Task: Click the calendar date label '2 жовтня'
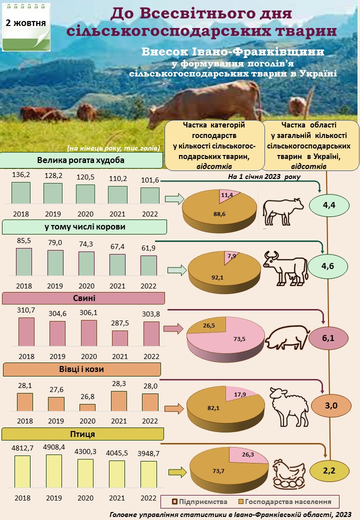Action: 26,23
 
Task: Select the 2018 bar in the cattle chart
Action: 21,192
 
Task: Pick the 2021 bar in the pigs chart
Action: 119,338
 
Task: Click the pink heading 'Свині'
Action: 84,298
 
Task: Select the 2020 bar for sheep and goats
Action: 87,407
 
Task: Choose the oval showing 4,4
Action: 328,205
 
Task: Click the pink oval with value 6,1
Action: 328,338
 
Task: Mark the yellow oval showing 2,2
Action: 328,470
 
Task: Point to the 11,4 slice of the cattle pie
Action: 227,195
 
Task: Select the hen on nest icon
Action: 289,472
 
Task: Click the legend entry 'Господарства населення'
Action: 284,501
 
